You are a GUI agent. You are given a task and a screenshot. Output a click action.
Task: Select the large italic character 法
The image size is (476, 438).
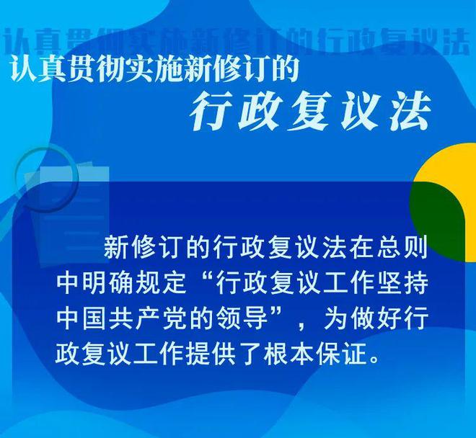(x=411, y=112)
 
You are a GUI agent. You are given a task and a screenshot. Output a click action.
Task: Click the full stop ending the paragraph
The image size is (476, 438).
(x=375, y=360)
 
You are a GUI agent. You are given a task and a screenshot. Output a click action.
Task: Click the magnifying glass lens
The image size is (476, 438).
(x=47, y=179)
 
